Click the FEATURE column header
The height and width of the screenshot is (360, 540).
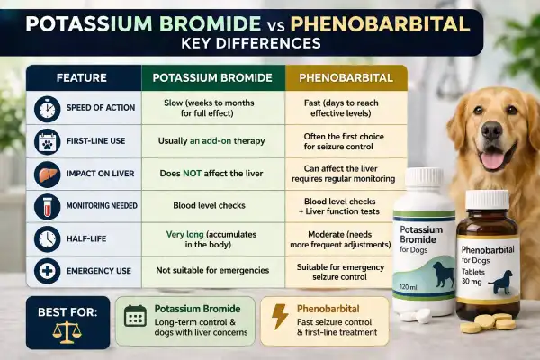tap(81, 78)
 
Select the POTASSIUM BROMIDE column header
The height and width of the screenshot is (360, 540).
tap(211, 78)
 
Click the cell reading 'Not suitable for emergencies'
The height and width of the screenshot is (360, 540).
tap(211, 270)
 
